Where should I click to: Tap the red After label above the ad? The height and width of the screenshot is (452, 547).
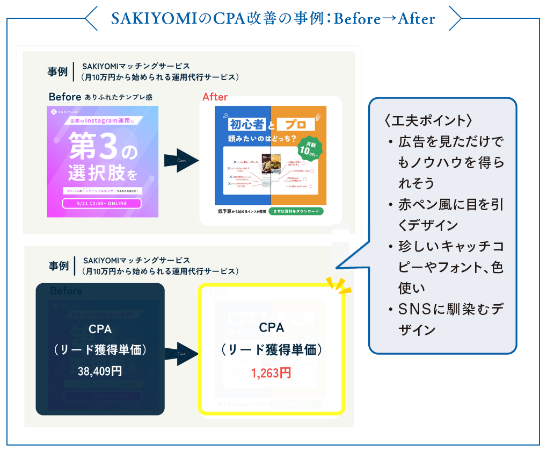point(215,97)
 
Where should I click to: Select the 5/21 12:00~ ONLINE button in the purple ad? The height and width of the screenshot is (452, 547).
point(102,203)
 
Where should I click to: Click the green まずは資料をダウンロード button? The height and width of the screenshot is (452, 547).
point(296,211)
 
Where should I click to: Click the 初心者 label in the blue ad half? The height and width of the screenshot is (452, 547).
point(247,125)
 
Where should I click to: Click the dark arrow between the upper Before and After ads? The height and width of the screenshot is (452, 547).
point(178,161)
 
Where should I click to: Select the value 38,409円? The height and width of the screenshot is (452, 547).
point(100,371)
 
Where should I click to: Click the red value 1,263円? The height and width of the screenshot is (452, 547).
point(271,372)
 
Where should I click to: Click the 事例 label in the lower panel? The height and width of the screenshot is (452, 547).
point(59,266)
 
